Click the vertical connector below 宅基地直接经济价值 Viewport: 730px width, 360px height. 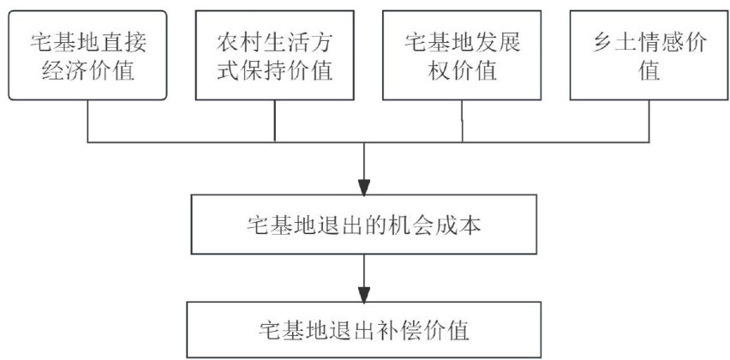88,120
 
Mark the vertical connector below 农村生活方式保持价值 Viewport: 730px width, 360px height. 274,120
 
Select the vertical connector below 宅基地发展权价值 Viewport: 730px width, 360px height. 463,120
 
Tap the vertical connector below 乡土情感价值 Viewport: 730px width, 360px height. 649,120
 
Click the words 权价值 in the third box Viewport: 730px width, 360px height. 462,70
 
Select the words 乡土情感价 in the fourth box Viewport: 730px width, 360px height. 649,41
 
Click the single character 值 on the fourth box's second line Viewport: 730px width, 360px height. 649,70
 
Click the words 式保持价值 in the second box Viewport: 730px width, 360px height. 274,70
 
